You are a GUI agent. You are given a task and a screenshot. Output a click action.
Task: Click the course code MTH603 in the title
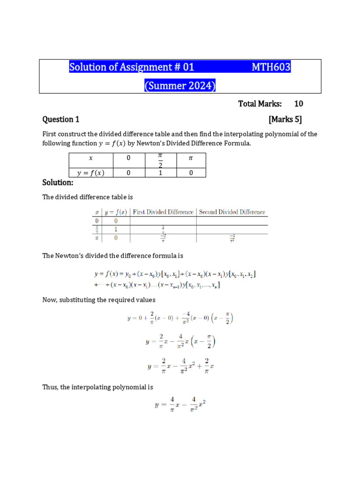(x=271, y=67)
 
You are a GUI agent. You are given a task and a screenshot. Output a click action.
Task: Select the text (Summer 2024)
(x=180, y=86)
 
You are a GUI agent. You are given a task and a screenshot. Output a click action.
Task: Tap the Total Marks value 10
(x=299, y=104)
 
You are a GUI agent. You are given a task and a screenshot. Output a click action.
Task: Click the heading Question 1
(x=58, y=120)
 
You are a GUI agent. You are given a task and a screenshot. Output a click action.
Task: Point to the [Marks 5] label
(x=285, y=120)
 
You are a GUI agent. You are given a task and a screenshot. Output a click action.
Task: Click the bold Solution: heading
(x=58, y=182)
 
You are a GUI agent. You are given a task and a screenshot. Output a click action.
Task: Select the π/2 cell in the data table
(x=160, y=160)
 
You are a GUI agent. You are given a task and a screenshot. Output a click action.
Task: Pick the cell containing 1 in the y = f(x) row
(x=160, y=172)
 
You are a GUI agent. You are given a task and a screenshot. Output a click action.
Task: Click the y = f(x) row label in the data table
(x=91, y=172)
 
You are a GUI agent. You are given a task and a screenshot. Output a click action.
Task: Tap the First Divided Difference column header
(x=162, y=212)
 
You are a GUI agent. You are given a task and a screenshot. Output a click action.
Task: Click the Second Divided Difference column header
(x=232, y=212)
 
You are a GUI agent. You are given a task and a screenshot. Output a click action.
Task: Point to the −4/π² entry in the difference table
(x=232, y=239)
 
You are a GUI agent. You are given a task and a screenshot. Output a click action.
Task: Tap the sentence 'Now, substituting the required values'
(x=99, y=300)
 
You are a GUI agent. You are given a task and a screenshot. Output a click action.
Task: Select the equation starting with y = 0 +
(x=180, y=318)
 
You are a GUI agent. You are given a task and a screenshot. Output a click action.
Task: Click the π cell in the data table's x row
(x=190, y=158)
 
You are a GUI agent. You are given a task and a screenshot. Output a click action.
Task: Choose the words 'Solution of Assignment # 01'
(x=132, y=67)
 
